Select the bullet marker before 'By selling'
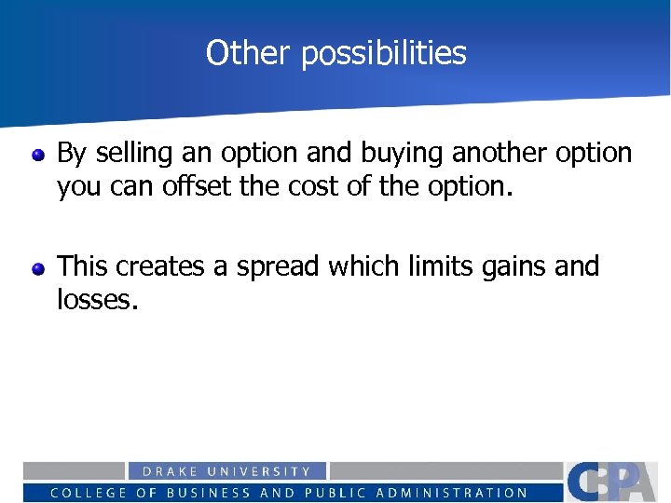tap(38, 154)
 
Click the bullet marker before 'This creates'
tap(38, 268)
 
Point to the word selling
tap(130, 154)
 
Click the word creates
tap(162, 266)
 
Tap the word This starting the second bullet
tap(82, 266)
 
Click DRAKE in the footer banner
tap(170, 472)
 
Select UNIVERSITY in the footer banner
tap(260, 472)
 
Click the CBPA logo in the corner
tap(615, 481)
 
